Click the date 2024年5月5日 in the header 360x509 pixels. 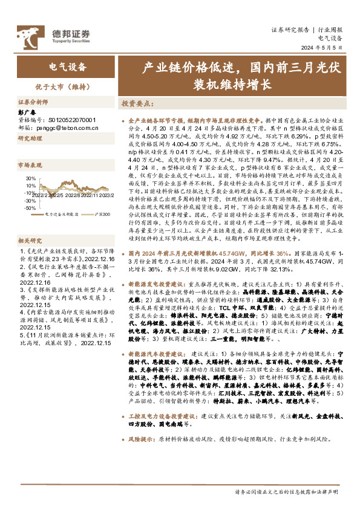(325, 48)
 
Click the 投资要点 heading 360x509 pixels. (138, 104)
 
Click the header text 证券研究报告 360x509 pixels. (290, 29)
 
